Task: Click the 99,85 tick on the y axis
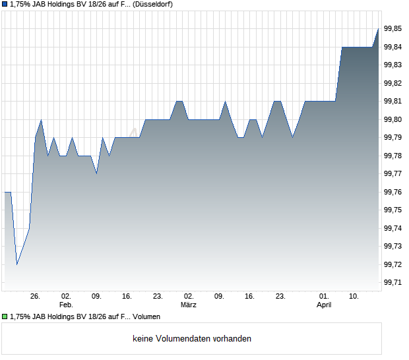pos(393,28)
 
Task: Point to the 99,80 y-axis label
pos(393,119)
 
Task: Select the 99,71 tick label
pos(393,282)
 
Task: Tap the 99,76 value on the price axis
pos(393,192)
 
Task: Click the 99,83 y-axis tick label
pos(393,65)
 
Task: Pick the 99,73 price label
pos(393,246)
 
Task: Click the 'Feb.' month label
pos(65,305)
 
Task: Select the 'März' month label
pos(189,305)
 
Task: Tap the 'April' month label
pos(324,305)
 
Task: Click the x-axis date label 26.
pos(36,297)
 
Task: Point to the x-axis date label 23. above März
pos(158,297)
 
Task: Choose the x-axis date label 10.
pos(354,297)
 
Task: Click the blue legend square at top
pos(5,5)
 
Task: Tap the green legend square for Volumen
pos(5,317)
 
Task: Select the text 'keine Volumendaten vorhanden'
pos(192,339)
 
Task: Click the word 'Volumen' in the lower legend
pos(146,317)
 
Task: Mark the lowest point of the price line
pos(17,264)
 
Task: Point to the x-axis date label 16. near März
pos(250,297)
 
